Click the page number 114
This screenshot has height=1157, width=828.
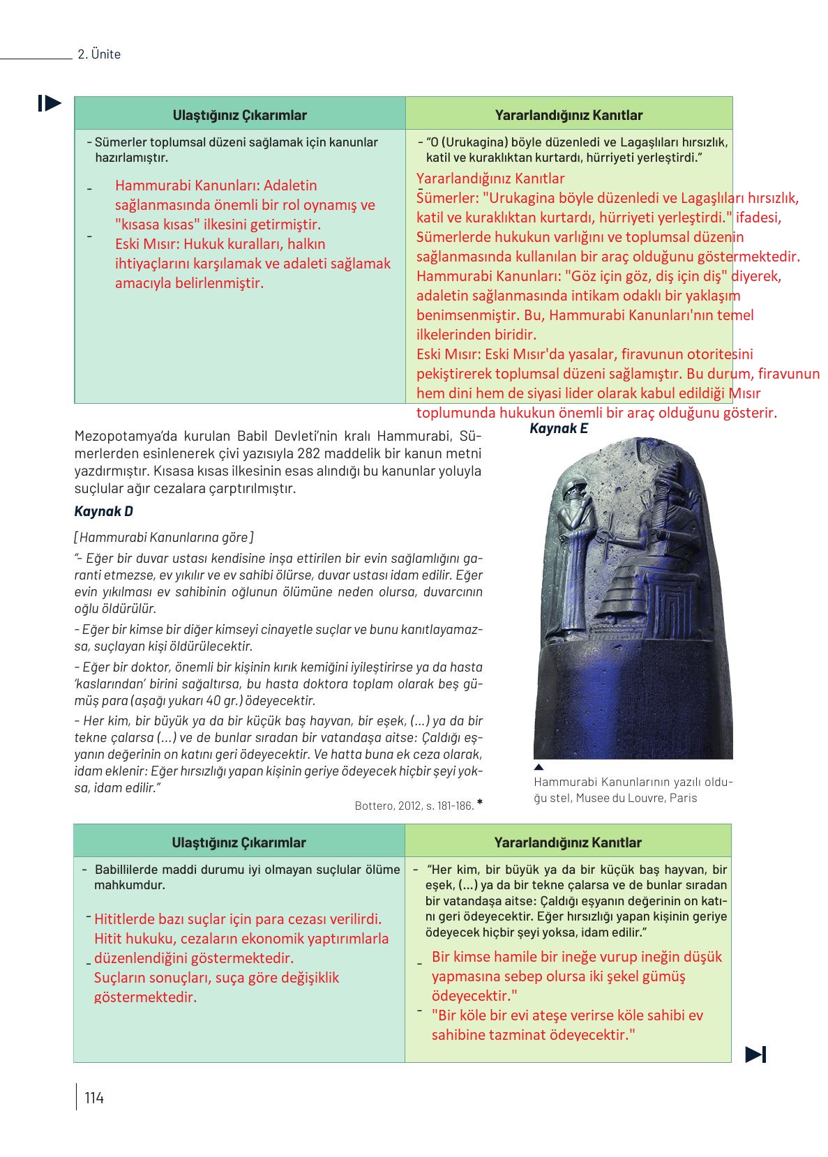tap(93, 1098)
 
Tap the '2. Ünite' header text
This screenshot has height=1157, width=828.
tap(99, 54)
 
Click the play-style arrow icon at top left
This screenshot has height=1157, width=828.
tap(50, 103)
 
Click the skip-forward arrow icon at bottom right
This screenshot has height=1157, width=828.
tap(755, 1054)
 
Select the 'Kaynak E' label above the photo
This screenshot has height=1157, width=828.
tap(558, 428)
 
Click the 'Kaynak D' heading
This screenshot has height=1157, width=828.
tap(103, 511)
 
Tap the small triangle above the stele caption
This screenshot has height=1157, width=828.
tap(539, 767)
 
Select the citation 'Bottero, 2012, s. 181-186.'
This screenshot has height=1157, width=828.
tap(414, 806)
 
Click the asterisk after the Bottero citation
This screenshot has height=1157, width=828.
tap(480, 803)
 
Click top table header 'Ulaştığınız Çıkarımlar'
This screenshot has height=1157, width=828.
tap(239, 115)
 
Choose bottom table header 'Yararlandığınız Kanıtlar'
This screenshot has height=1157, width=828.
tap(568, 842)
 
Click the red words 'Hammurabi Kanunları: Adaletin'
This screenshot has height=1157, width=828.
tap(216, 186)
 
